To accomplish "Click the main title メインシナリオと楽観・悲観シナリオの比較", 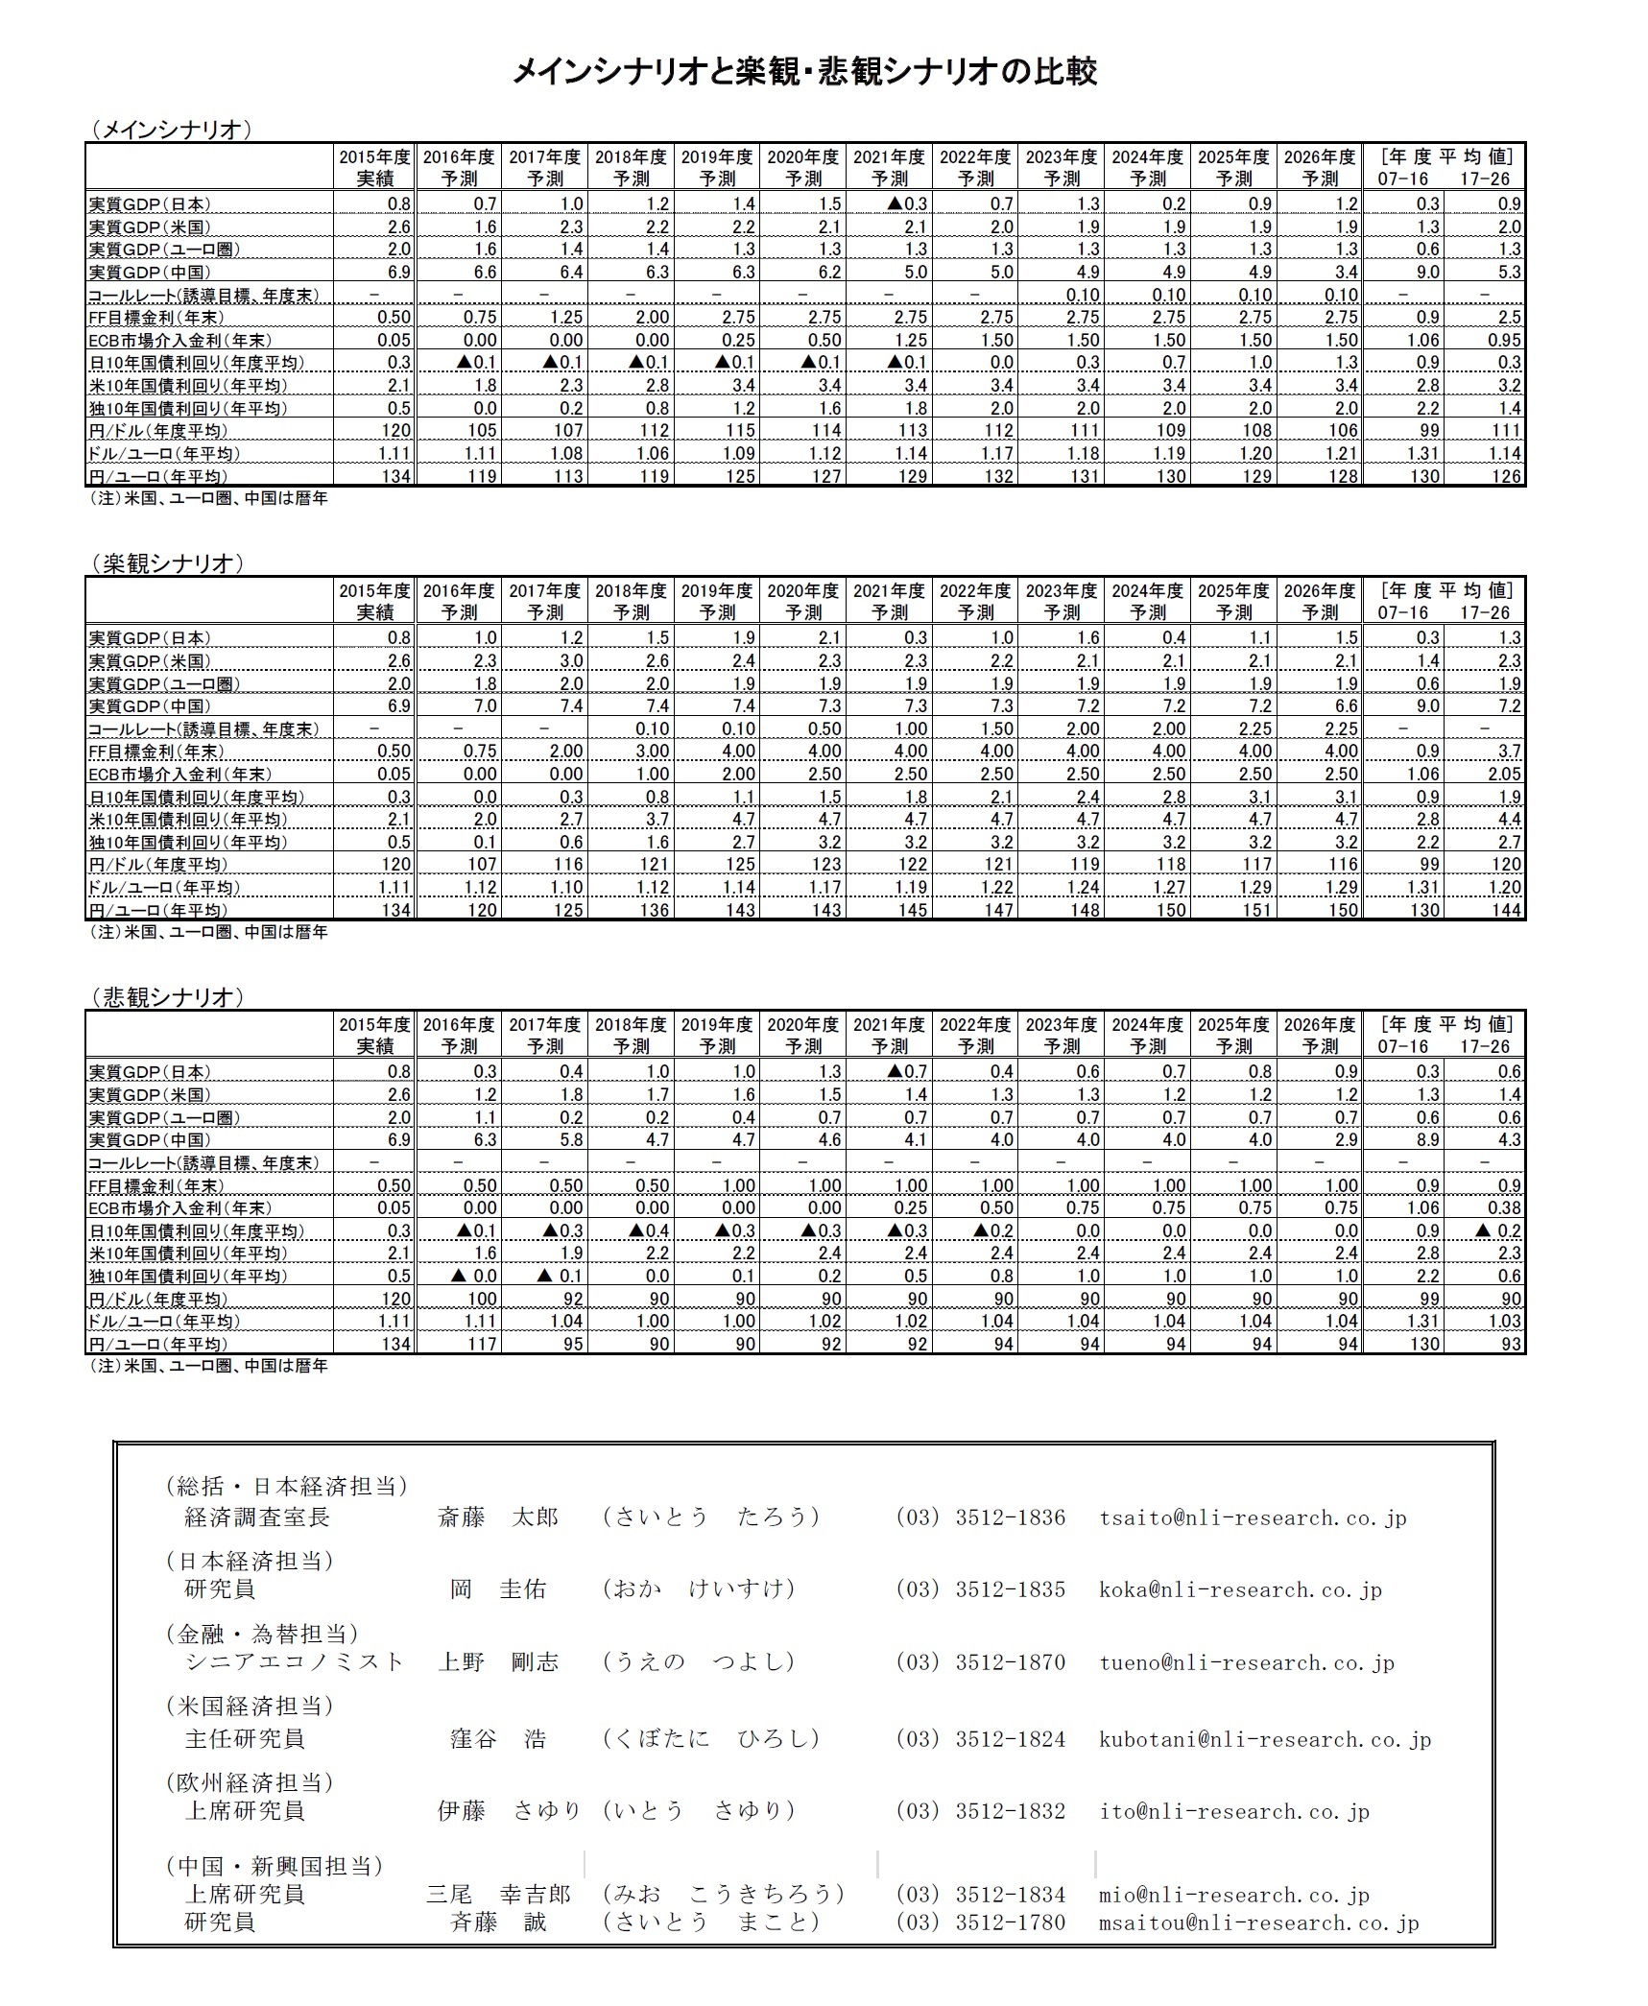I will coord(804,71).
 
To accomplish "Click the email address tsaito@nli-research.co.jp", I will coord(1253,1517).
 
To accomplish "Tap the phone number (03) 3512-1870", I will coord(980,1662).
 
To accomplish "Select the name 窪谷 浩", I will coord(498,1739).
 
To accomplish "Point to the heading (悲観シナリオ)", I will coord(167,997).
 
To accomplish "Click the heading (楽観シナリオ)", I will coord(167,563).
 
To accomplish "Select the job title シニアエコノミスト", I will coord(294,1662).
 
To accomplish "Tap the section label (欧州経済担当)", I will coord(250,1782).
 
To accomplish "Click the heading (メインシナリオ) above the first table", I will coord(171,130).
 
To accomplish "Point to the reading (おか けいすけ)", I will coord(699,1589).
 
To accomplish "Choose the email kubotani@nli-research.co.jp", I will coord(1265,1739).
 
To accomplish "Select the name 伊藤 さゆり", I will coord(509,1811).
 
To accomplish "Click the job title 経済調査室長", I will coord(256,1517).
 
